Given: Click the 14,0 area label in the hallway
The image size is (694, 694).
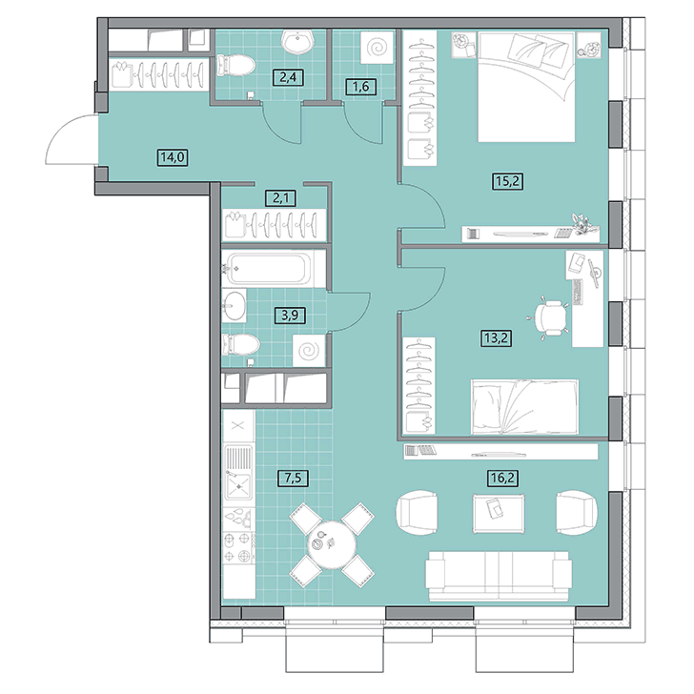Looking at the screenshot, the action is pyautogui.click(x=173, y=157).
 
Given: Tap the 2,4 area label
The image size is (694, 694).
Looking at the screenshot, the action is pyautogui.click(x=288, y=78).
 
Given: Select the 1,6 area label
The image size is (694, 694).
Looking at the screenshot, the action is pyautogui.click(x=360, y=87).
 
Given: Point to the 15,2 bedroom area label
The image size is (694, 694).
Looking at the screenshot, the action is pyautogui.click(x=508, y=181).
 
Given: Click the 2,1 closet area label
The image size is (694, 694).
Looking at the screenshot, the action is pyautogui.click(x=281, y=197).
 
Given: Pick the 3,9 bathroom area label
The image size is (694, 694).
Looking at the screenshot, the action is pyautogui.click(x=290, y=316).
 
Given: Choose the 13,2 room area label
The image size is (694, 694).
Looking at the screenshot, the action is pyautogui.click(x=496, y=338).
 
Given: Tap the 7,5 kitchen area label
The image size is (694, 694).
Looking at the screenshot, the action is pyautogui.click(x=293, y=478).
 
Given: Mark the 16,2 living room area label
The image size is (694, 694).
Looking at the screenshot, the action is pyautogui.click(x=503, y=478).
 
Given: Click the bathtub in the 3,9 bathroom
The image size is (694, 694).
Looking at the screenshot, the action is pyautogui.click(x=274, y=268).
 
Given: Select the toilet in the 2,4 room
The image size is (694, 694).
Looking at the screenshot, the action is pyautogui.click(x=235, y=67).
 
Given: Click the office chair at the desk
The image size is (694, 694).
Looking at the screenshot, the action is pyautogui.click(x=549, y=316).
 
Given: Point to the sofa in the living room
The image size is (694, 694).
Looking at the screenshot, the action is pyautogui.click(x=499, y=576).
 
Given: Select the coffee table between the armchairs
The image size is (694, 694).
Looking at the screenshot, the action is pyautogui.click(x=499, y=514).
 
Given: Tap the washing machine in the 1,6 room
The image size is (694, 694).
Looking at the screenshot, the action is pyautogui.click(x=378, y=47).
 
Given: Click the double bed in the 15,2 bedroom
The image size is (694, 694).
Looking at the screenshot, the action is pyautogui.click(x=526, y=87).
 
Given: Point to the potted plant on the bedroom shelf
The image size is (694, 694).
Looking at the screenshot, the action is pyautogui.click(x=584, y=223).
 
